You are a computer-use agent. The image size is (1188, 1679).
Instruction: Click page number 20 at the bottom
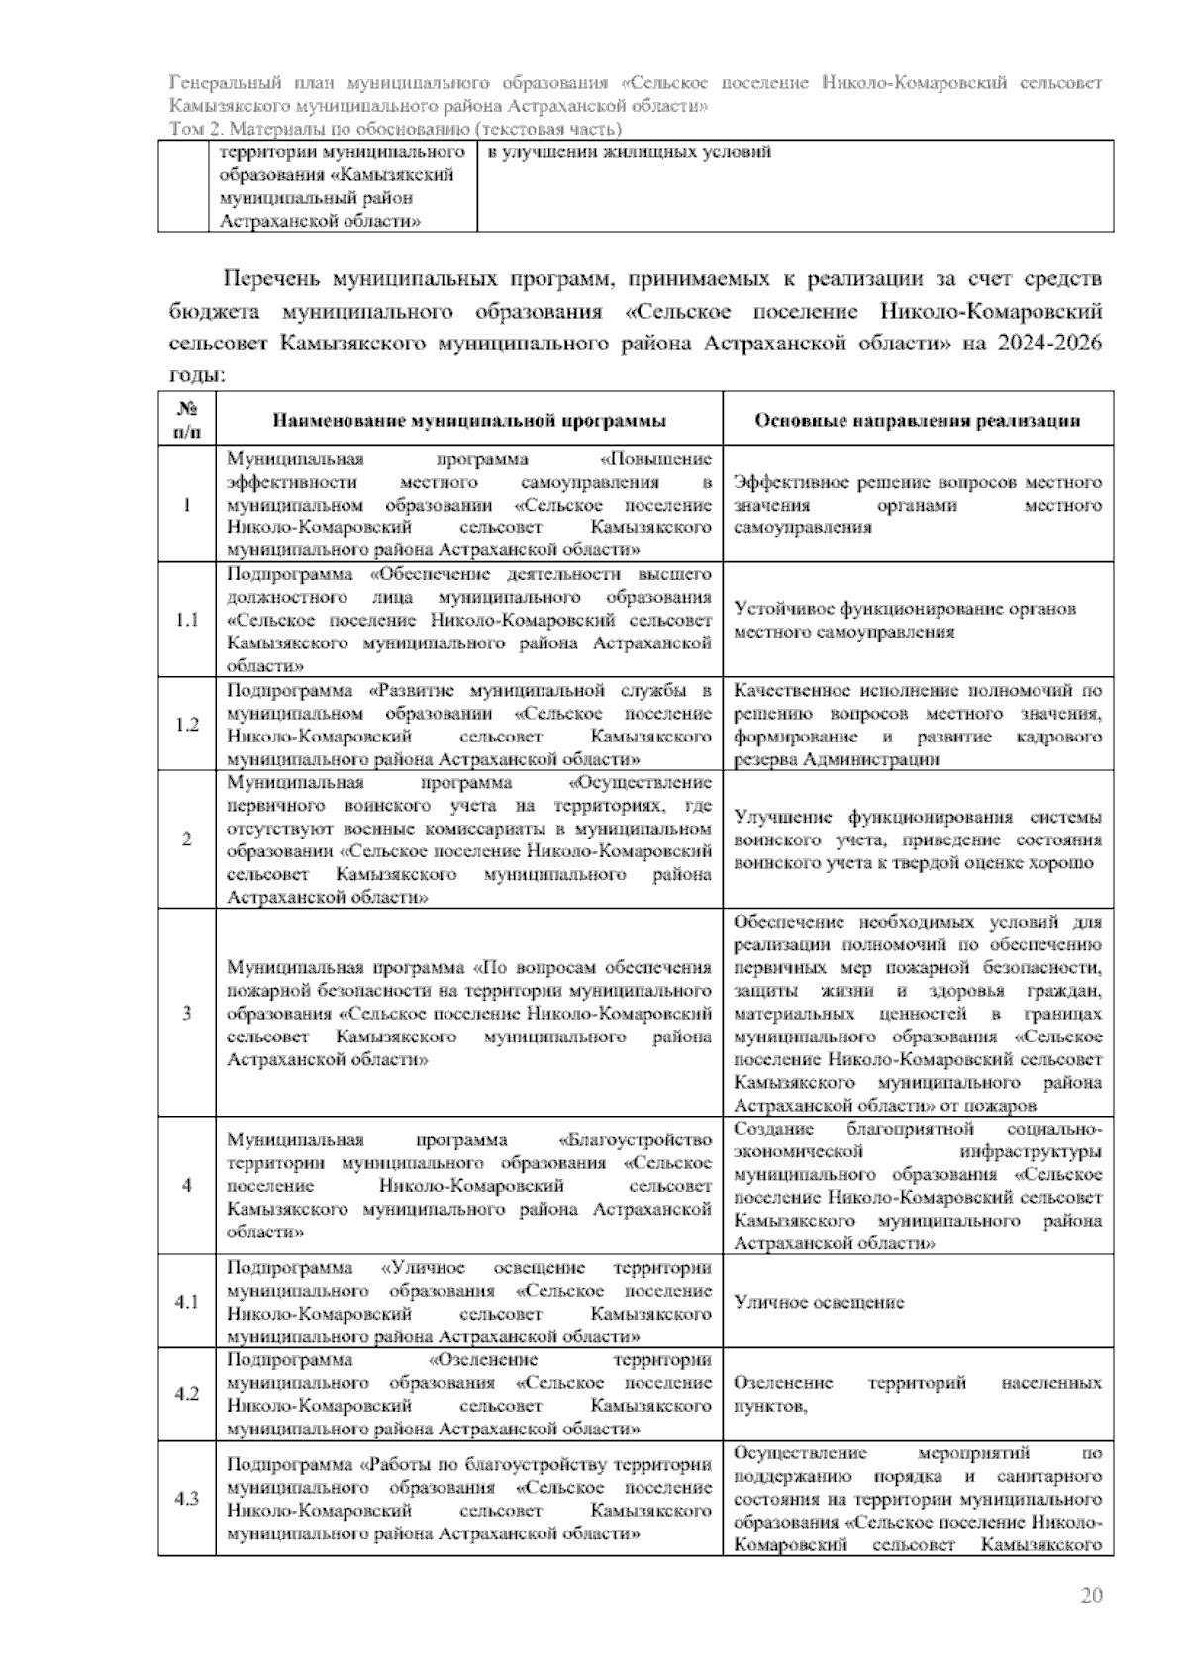[1090, 1595]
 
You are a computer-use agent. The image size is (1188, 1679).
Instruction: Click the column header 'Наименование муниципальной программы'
[469, 420]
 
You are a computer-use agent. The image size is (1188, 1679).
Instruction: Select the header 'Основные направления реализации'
[917, 420]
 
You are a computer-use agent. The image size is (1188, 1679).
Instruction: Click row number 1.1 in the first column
[186, 620]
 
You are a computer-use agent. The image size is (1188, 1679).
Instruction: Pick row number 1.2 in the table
[186, 725]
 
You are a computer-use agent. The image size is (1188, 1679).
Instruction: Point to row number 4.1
[186, 1302]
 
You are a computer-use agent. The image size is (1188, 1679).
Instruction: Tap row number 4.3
[186, 1499]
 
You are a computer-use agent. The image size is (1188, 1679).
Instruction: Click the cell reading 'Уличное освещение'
[819, 1302]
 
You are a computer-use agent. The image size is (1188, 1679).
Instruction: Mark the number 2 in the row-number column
[186, 839]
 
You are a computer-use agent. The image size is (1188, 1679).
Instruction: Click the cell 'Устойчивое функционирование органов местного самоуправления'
[905, 620]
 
